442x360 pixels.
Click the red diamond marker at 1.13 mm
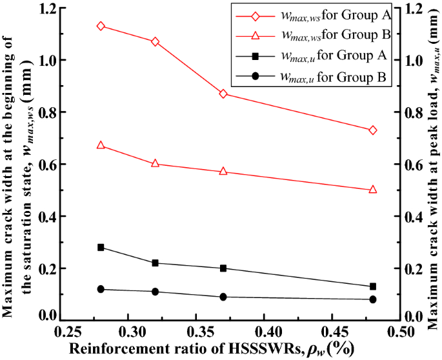pyautogui.click(x=101, y=26)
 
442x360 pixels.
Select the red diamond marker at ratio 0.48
pyautogui.click(x=373, y=130)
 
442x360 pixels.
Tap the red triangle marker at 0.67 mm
pyautogui.click(x=101, y=145)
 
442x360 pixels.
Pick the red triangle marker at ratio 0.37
pyautogui.click(x=223, y=172)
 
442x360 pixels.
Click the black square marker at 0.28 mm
pyautogui.click(x=101, y=247)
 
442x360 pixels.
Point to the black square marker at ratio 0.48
pyautogui.click(x=373, y=286)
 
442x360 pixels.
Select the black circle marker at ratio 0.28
pyautogui.click(x=101, y=289)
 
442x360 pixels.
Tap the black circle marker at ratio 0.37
pyautogui.click(x=223, y=297)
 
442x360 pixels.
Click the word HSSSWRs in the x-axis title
pyautogui.click(x=265, y=349)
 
